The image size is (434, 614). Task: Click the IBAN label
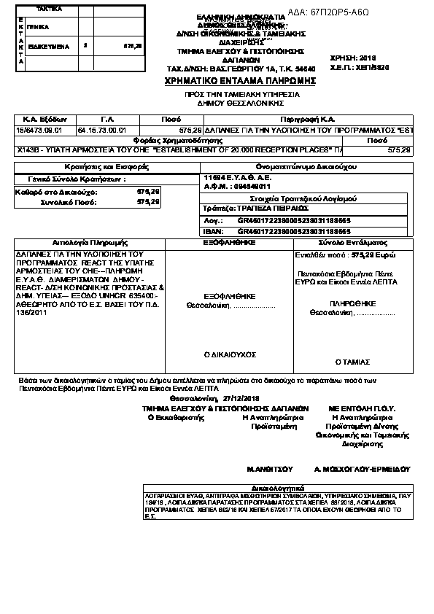pyautogui.click(x=213, y=229)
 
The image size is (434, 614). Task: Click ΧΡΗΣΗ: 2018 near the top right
pyautogui.click(x=372, y=56)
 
